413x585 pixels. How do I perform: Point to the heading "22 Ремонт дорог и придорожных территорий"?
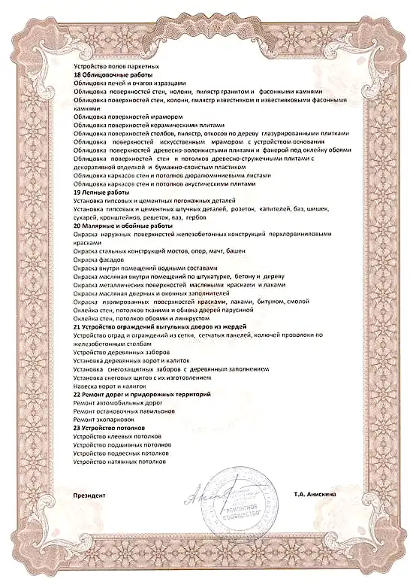tap(140, 395)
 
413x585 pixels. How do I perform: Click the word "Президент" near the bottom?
tap(90, 496)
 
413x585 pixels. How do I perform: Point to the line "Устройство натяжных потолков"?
tap(119, 462)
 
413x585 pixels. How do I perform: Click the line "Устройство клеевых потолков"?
tap(116, 436)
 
